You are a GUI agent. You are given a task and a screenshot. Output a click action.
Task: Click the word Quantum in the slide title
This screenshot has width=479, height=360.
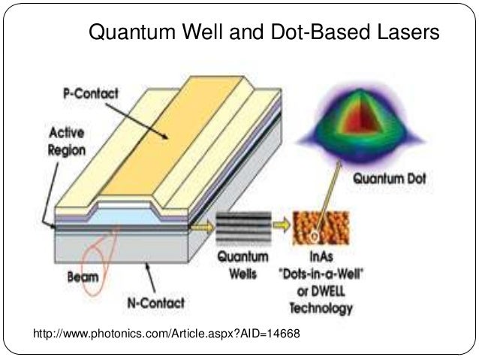coord(125,34)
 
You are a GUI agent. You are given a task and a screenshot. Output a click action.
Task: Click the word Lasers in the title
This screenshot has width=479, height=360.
coord(404,34)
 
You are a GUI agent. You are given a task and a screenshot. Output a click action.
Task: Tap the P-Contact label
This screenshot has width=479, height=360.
coord(92,98)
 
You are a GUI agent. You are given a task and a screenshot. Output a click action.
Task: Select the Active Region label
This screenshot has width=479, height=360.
coord(68,141)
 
